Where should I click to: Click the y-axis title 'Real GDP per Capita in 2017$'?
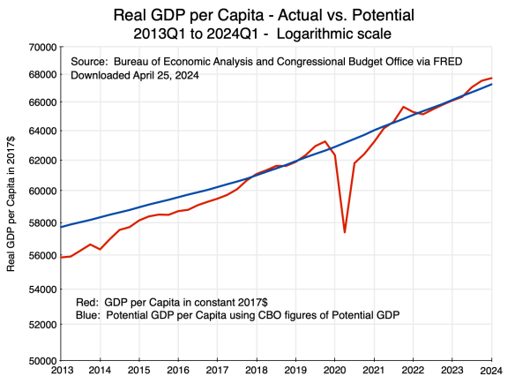pos(11,203)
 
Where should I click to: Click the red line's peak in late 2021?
pos(403,107)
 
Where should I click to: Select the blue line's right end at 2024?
pos(492,84)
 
